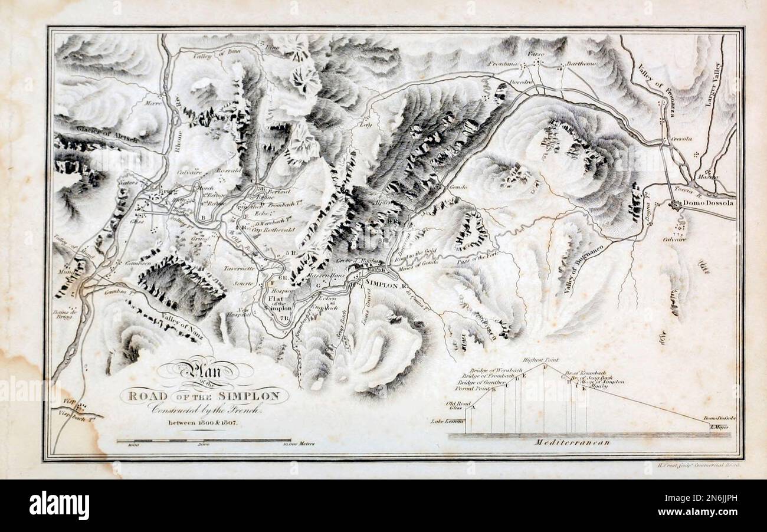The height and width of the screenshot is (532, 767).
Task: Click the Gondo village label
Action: tap(458, 187)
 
